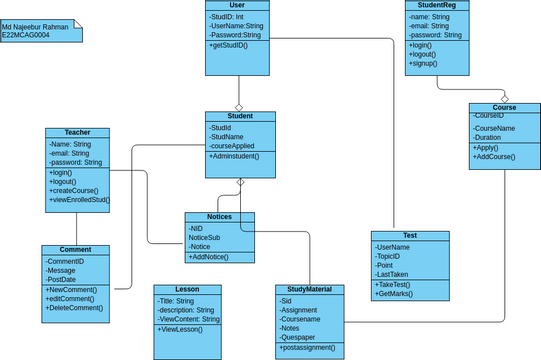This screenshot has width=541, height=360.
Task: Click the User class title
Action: pos(239,6)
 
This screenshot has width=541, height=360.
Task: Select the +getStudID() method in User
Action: pos(229,46)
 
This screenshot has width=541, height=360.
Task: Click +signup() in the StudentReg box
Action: pos(424,64)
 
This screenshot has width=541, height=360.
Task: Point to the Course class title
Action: pos(504,107)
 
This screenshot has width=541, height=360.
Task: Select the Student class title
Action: pos(239,116)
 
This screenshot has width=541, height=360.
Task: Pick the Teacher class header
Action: pos(77,133)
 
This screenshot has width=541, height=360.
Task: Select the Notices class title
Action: pos(219,217)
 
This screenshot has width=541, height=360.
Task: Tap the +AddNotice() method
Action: pos(210,258)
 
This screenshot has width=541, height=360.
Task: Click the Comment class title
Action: pos(77,250)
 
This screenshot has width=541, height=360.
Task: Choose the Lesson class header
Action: pos(187,289)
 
